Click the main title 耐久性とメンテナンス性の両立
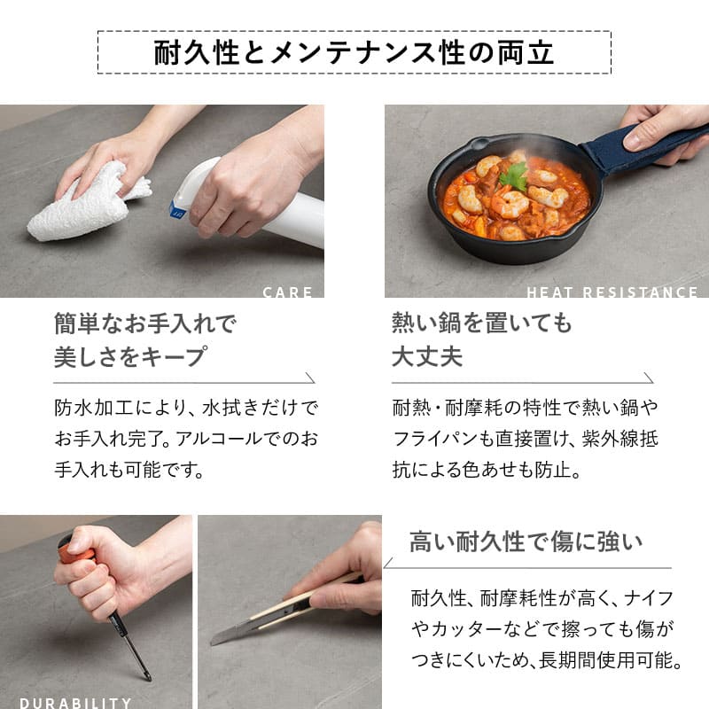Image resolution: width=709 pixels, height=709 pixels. (354, 51)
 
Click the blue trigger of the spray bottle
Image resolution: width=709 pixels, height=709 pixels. (177, 209)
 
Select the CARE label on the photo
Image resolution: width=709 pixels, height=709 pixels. (288, 292)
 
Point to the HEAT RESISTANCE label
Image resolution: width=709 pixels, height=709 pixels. (612, 292)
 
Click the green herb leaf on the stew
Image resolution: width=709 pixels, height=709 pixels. (514, 176)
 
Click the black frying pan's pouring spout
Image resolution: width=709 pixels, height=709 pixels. (479, 142)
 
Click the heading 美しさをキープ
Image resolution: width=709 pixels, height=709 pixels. (130, 357)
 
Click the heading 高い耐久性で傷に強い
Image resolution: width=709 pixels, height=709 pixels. (526, 541)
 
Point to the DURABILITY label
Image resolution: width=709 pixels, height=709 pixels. (75, 703)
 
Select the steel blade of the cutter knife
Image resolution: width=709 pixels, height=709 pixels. (230, 634)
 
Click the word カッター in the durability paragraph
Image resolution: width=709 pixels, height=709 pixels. (475, 629)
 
